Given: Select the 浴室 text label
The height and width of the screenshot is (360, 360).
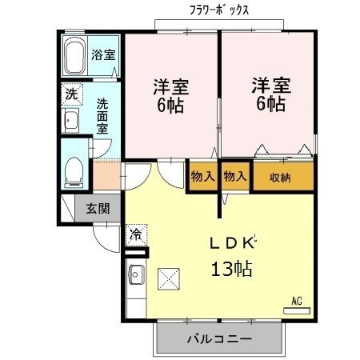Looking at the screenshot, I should click(103, 55).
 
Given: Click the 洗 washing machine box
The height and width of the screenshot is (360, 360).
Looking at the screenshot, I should click(71, 94).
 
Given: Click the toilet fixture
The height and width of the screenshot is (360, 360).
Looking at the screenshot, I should click(74, 169).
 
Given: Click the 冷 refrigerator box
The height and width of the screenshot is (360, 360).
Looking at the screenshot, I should click(135, 235).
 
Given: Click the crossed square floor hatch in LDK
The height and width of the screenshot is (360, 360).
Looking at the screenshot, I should click(169, 280).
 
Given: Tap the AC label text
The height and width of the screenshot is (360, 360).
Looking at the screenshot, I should click(296, 301).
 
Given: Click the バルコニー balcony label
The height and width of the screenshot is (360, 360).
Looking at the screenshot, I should click(219, 339).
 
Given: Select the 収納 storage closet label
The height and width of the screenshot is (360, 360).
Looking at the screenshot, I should click(280, 177).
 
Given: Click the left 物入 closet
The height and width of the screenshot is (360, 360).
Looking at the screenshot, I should click(202, 177).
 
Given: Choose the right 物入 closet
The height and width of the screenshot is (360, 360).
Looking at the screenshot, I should click(235, 177).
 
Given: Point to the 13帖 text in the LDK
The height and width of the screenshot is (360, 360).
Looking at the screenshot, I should click(231, 269).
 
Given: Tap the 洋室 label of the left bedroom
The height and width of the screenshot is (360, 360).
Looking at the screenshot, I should click(170, 85).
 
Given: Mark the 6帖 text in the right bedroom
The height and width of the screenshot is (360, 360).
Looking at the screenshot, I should click(270, 105).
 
